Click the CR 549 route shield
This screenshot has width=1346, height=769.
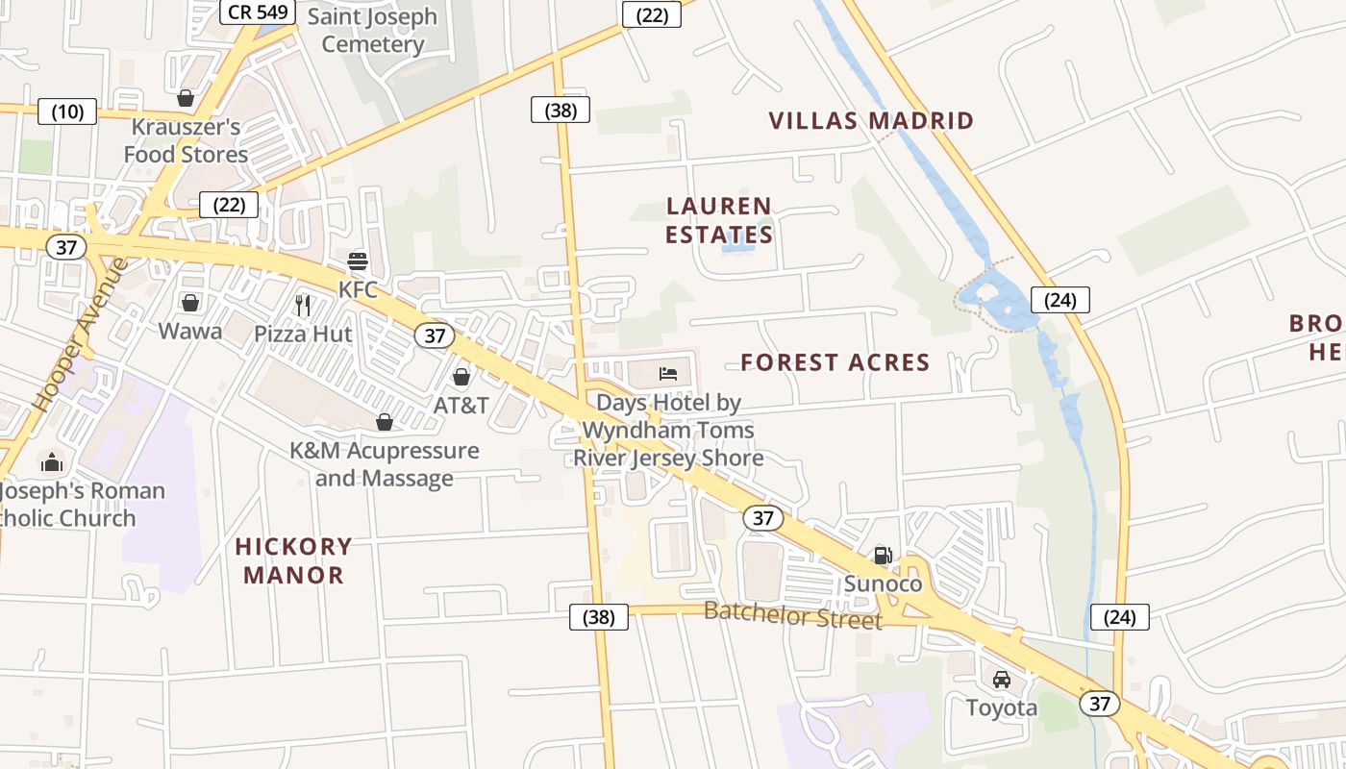click(x=258, y=12)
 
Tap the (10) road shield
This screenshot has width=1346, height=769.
click(x=67, y=112)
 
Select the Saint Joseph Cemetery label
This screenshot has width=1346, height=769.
click(x=372, y=31)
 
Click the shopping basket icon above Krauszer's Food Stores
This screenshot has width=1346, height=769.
click(x=186, y=98)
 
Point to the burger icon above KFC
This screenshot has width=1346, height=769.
click(x=358, y=260)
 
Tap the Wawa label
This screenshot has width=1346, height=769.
click(x=190, y=332)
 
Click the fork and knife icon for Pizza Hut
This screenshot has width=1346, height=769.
click(x=303, y=306)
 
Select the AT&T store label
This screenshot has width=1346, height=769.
click(x=461, y=405)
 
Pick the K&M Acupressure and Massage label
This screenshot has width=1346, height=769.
click(x=385, y=464)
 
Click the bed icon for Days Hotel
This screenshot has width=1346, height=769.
click(x=668, y=373)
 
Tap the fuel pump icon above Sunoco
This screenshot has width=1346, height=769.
click(x=883, y=555)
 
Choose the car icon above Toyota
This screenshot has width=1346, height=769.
click(x=1002, y=680)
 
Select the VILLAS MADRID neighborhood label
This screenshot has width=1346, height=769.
click(x=871, y=121)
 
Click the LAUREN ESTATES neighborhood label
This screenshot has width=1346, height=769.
click(x=719, y=220)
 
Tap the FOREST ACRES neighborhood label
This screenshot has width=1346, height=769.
click(x=835, y=362)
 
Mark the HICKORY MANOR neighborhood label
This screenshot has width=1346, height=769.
click(x=293, y=560)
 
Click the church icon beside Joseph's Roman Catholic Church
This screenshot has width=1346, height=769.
click(x=52, y=463)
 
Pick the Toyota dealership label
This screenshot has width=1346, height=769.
click(x=1002, y=708)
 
